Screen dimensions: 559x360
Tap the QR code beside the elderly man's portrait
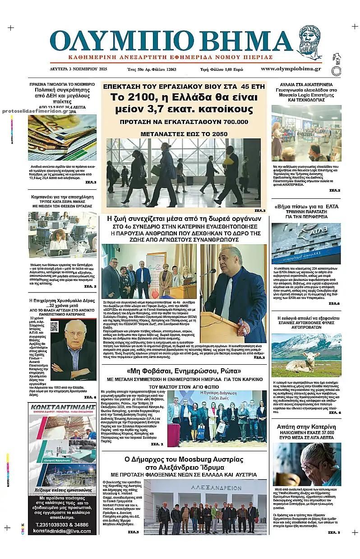pyautogui.click(x=54, y=326)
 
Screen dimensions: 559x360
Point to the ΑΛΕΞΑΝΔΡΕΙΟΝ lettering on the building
pyautogui.click(x=211, y=487)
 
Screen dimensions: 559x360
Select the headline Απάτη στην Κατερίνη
pyautogui.click(x=305, y=426)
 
